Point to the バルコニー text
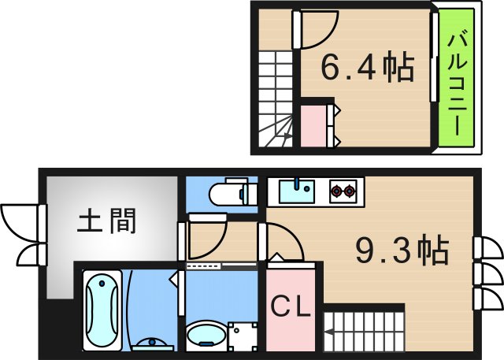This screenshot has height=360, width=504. (x=456, y=82)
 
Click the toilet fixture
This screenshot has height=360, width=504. (x=232, y=193)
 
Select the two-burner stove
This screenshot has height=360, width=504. (x=343, y=190)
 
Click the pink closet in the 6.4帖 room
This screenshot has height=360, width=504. (x=319, y=124)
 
